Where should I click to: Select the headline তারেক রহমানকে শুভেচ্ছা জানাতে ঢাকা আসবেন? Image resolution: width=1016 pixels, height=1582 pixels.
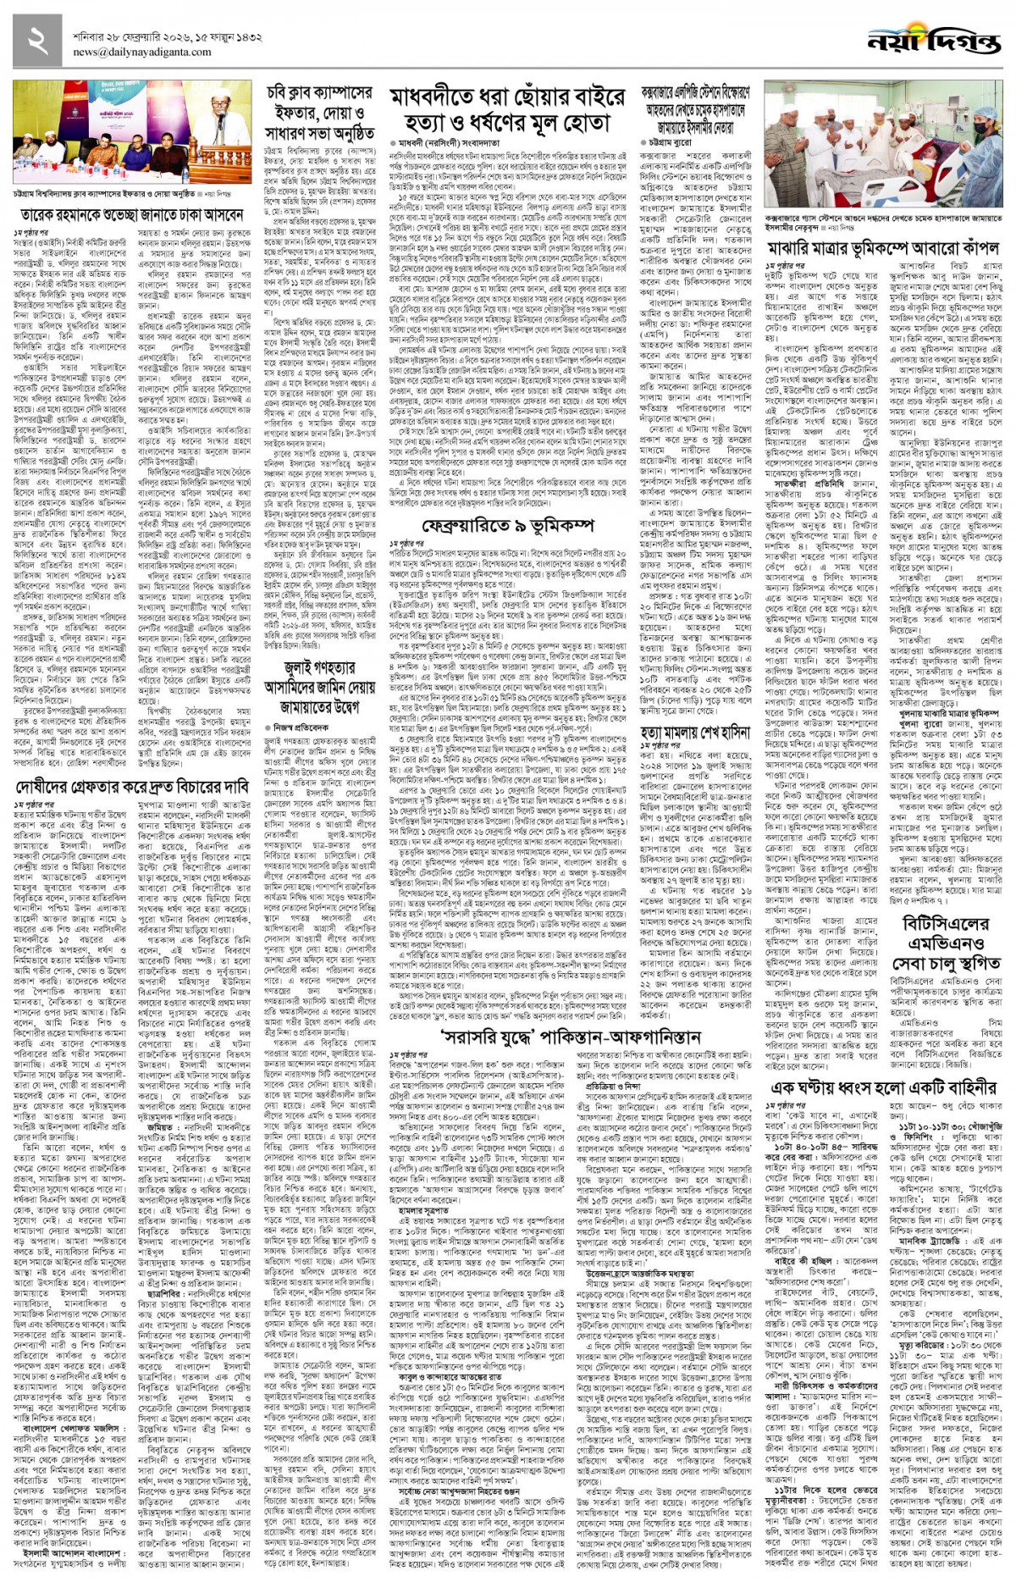132,215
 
